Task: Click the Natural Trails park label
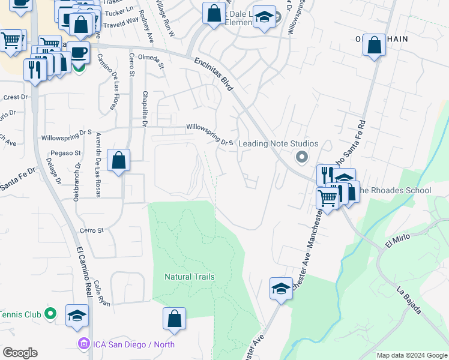pos(190,277)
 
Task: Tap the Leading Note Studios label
pos(278,144)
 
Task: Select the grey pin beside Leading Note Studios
pos(302,158)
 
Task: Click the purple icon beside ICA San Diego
pos(84,344)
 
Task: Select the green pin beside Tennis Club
pos(51,314)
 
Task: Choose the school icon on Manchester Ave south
pos(280,289)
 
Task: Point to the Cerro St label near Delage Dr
pos(92,230)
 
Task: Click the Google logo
pos(20,353)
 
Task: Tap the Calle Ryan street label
pos(101,295)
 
